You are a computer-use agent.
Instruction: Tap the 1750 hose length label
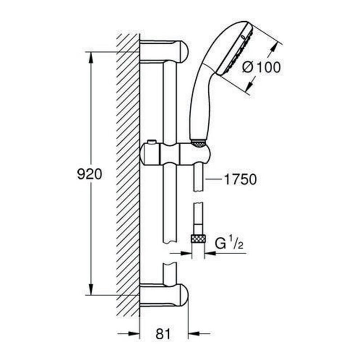(x=240, y=179)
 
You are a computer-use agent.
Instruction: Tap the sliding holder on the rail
(x=175, y=153)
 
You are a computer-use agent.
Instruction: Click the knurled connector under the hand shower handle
(x=198, y=143)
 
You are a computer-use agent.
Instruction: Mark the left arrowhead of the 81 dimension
(x=134, y=333)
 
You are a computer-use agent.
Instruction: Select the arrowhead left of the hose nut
(x=185, y=253)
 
